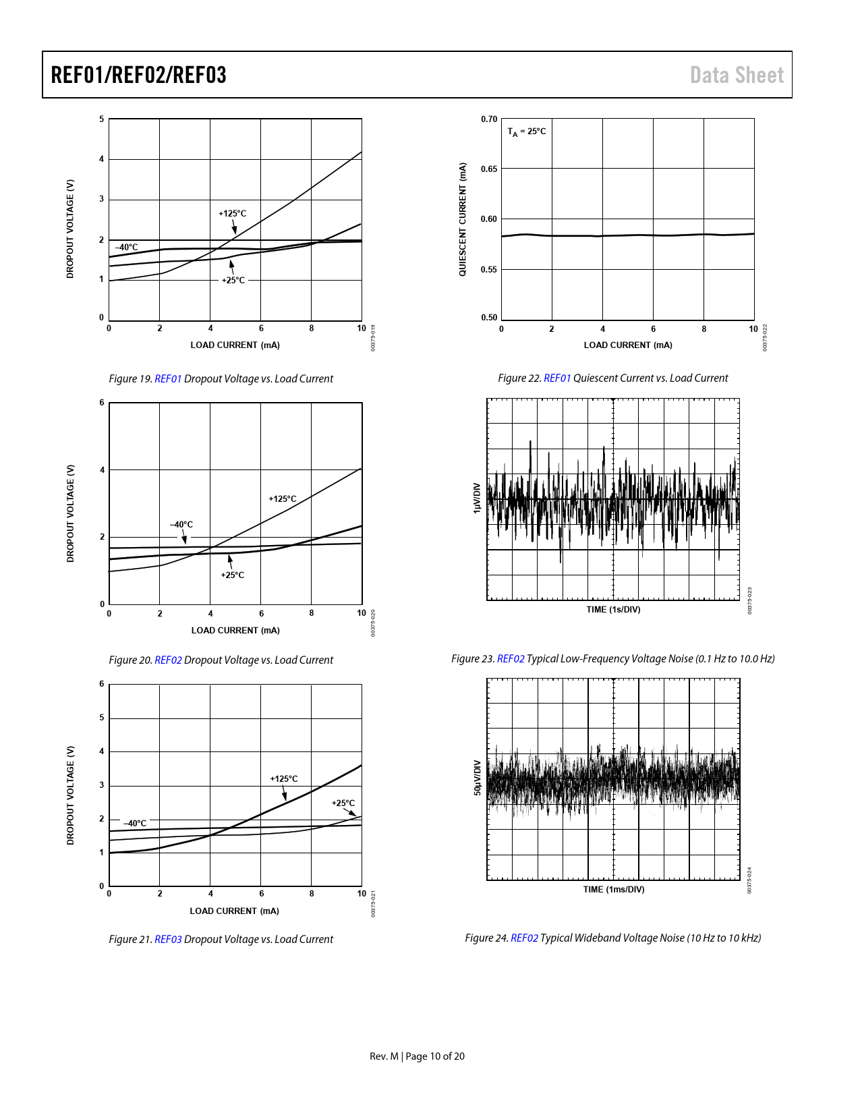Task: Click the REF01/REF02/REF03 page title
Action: click(138, 75)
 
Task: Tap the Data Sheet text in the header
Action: click(737, 75)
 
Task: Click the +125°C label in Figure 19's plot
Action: click(232, 214)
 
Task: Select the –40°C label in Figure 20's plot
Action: click(181, 525)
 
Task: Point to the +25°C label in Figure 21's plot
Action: click(343, 803)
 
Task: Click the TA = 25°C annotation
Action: click(527, 132)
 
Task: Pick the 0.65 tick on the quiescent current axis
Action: click(489, 169)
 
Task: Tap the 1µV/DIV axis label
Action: click(477, 498)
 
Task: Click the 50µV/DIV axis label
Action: click(477, 778)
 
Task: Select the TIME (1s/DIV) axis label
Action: click(613, 610)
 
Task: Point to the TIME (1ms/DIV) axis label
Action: click(614, 890)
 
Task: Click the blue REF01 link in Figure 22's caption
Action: click(557, 378)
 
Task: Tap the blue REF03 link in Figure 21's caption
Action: click(168, 940)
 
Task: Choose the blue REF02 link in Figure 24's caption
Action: click(524, 938)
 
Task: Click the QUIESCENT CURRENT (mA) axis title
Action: click(463, 219)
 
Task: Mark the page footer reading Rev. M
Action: click(384, 1056)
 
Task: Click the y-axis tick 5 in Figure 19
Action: click(102, 119)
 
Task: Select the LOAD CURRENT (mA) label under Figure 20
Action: click(235, 631)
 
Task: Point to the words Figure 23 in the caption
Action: click(472, 659)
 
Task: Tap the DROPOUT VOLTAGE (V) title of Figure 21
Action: click(70, 795)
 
